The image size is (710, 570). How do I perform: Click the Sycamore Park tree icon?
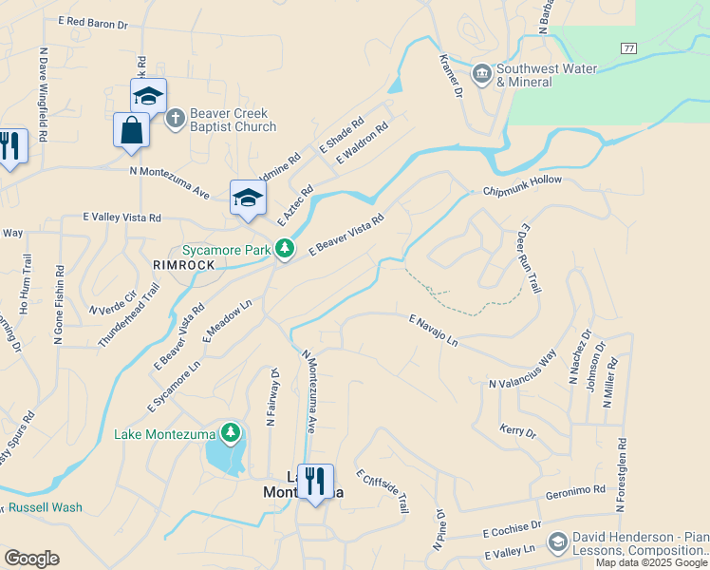coord(284,250)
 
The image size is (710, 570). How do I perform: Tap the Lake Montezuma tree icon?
coord(230,434)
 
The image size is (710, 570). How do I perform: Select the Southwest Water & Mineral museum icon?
coord(481,74)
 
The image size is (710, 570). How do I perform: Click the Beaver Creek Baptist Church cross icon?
coord(174,119)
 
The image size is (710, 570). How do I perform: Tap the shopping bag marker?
coord(131,131)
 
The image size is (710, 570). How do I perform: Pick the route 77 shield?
coord(628,47)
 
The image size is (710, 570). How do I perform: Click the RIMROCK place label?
coord(184,265)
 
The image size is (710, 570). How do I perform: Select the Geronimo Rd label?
coord(575,492)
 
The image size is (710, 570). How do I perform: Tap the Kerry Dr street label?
coord(517,429)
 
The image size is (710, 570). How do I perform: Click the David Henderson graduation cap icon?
coord(557,542)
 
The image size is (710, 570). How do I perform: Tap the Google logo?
coord(31,559)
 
